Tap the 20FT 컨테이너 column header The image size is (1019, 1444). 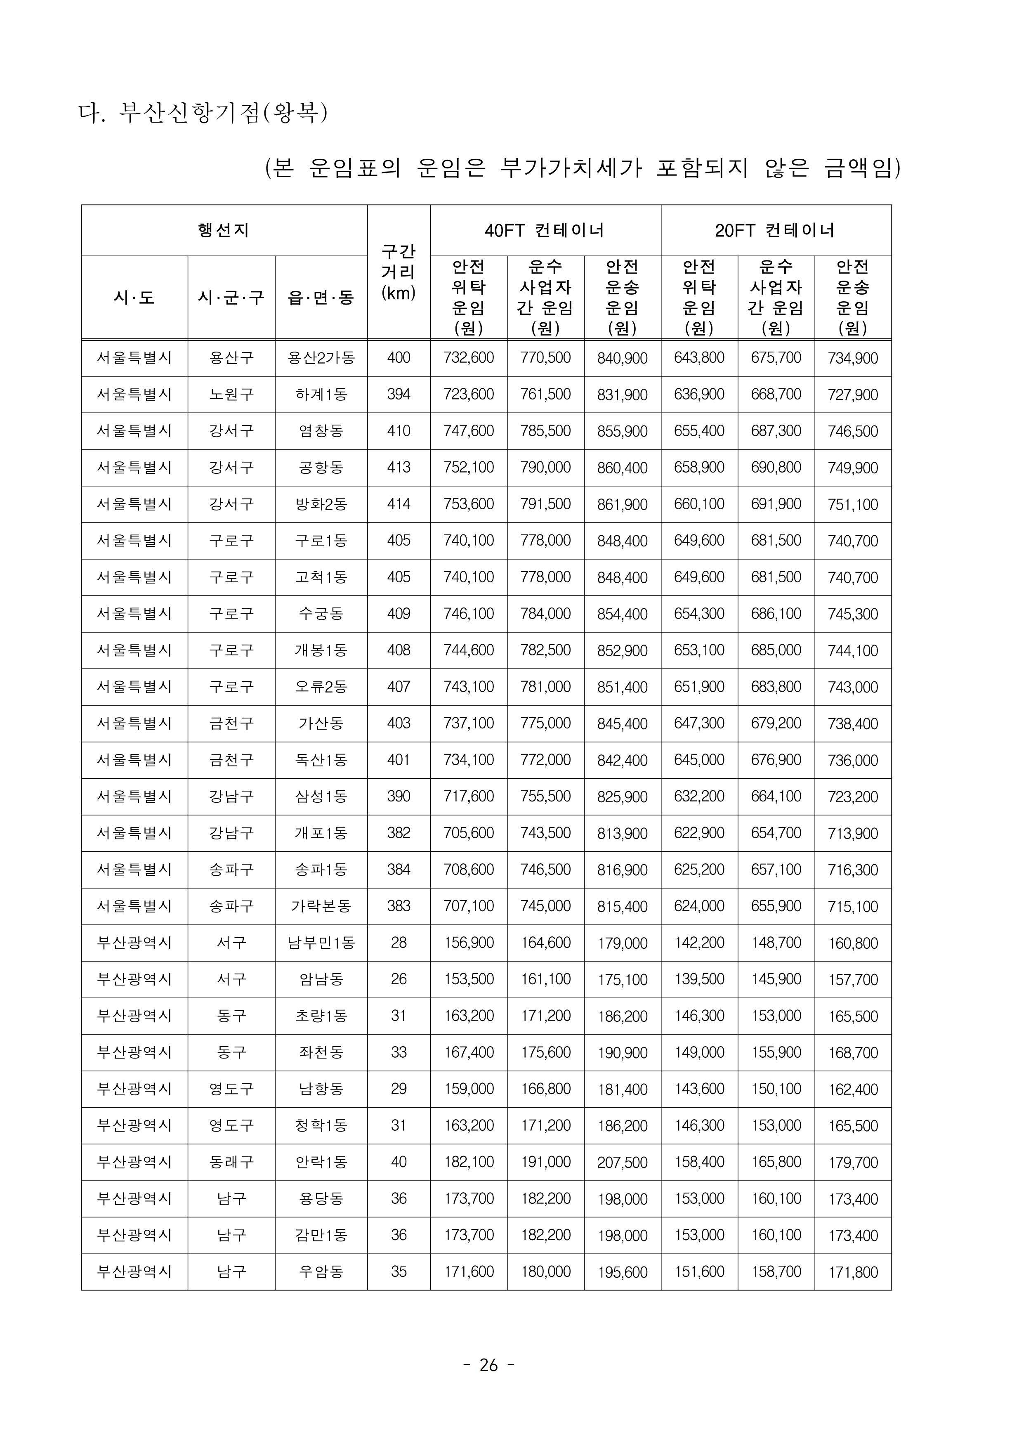coord(776,230)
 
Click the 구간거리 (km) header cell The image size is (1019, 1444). coord(399,272)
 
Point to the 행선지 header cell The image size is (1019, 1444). coord(224,230)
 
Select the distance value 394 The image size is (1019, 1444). coord(399,395)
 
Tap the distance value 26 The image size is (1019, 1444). coord(399,979)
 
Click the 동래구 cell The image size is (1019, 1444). coord(231,1162)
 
